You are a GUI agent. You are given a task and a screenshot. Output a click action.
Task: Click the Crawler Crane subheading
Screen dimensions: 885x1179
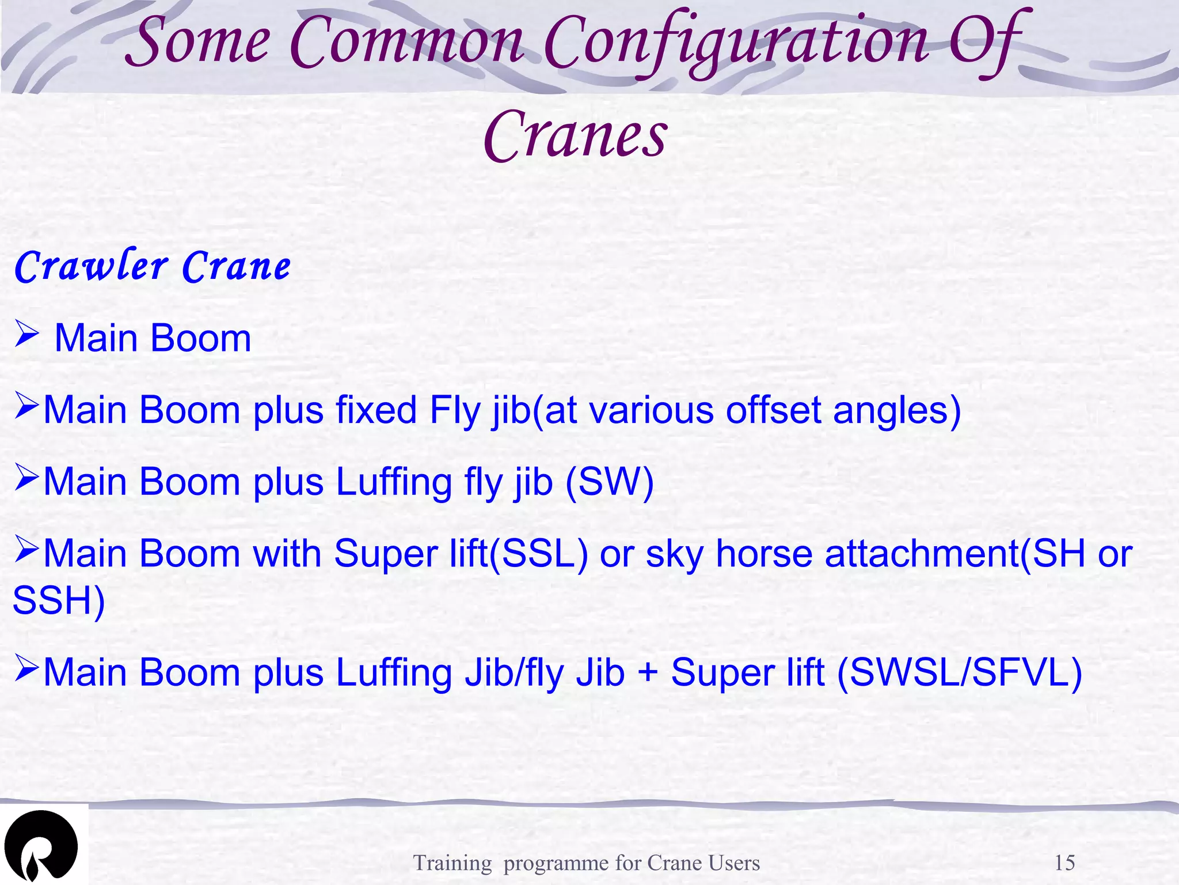153,267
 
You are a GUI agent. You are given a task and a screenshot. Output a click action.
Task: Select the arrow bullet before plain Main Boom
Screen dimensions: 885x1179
26,335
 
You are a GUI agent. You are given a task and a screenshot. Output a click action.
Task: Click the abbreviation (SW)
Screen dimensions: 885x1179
610,482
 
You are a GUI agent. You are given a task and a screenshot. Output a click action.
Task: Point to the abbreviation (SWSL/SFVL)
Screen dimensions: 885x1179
959,672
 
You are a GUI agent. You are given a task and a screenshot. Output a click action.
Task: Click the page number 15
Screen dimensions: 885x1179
1064,863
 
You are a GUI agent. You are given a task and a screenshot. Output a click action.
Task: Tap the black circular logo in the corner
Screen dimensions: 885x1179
41,846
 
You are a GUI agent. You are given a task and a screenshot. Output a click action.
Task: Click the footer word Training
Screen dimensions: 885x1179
452,863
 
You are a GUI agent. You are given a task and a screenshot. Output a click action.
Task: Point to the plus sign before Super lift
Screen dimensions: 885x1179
648,672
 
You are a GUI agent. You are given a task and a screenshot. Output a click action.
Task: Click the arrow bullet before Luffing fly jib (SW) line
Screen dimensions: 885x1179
26,478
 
